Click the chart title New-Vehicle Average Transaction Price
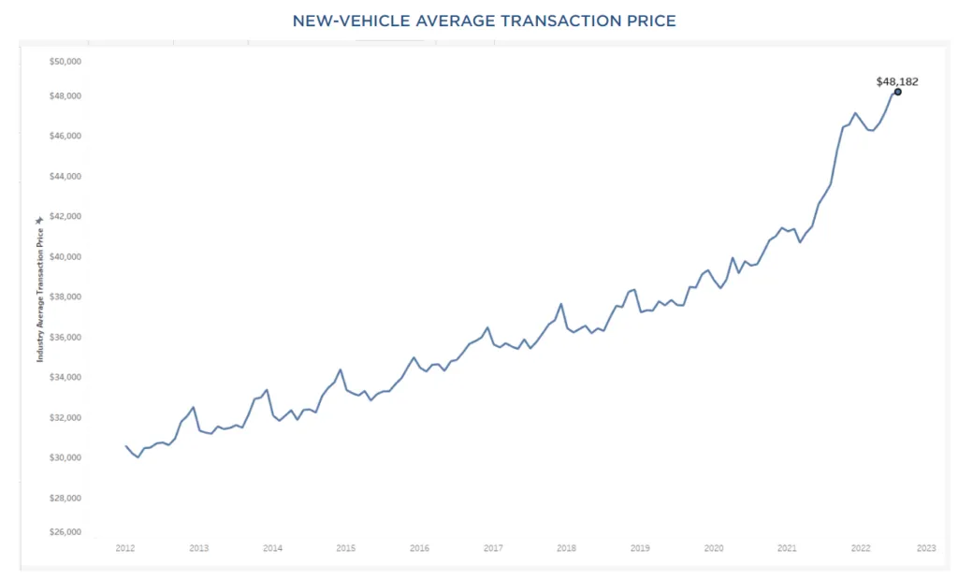click(x=484, y=21)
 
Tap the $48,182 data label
click(x=896, y=81)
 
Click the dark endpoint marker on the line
click(x=897, y=92)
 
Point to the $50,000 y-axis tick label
click(x=65, y=62)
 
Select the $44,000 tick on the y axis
click(x=65, y=176)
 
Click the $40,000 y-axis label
click(x=65, y=256)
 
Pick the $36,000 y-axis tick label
click(x=65, y=337)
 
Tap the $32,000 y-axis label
click(x=65, y=417)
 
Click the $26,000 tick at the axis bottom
click(x=65, y=533)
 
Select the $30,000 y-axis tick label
click(x=65, y=457)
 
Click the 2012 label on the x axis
click(x=125, y=548)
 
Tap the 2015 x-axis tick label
click(x=345, y=548)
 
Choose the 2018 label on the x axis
click(x=566, y=548)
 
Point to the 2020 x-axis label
click(x=713, y=548)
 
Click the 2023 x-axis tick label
click(x=926, y=548)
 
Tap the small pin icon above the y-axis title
click(x=39, y=220)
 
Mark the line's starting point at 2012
click(x=126, y=446)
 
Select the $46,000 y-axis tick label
click(x=65, y=136)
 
